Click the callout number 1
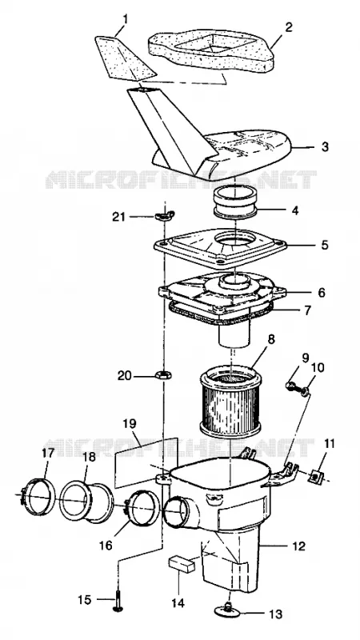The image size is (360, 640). [x=126, y=19]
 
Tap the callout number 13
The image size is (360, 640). [x=276, y=614]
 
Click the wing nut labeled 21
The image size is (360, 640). [x=164, y=214]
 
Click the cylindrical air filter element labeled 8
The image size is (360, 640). [x=230, y=400]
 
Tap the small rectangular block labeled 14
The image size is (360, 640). [x=182, y=565]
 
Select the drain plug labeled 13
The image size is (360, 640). [x=229, y=610]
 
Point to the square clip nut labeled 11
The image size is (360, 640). [x=316, y=475]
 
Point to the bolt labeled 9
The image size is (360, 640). [x=291, y=386]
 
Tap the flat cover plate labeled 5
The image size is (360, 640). [x=221, y=247]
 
